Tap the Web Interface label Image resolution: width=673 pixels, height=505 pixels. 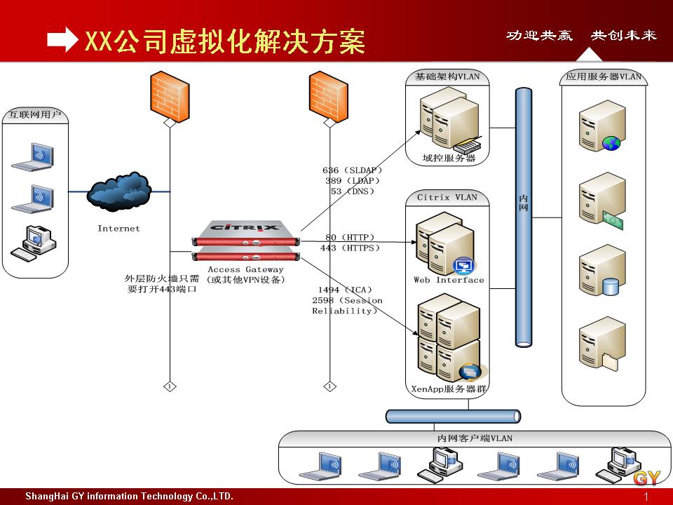coord(449,280)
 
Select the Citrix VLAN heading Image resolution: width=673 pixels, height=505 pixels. coord(447,197)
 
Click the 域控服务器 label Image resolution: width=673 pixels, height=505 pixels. coord(449,159)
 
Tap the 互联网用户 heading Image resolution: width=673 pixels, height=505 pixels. coord(35,114)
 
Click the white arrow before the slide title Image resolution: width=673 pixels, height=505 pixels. coord(62,41)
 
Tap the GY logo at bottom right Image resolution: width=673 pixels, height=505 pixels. coord(647,478)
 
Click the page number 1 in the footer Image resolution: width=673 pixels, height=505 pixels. coord(646,497)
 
